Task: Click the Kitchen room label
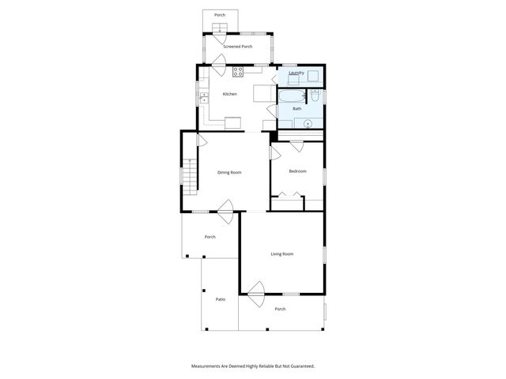[x=229, y=94]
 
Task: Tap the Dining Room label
[x=229, y=172]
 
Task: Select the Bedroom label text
[x=297, y=171]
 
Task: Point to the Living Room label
[x=282, y=253]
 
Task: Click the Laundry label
[x=296, y=73]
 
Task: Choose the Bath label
[x=297, y=108]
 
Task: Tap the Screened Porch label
[x=237, y=47]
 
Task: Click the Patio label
[x=221, y=298]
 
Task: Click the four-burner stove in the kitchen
[x=238, y=72]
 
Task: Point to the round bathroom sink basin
[x=306, y=123]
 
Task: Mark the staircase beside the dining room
[x=188, y=174]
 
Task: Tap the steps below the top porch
[x=219, y=30]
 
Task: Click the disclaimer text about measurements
[x=253, y=366]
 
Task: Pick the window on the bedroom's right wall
[x=324, y=174]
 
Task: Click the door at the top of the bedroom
[x=296, y=146]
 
